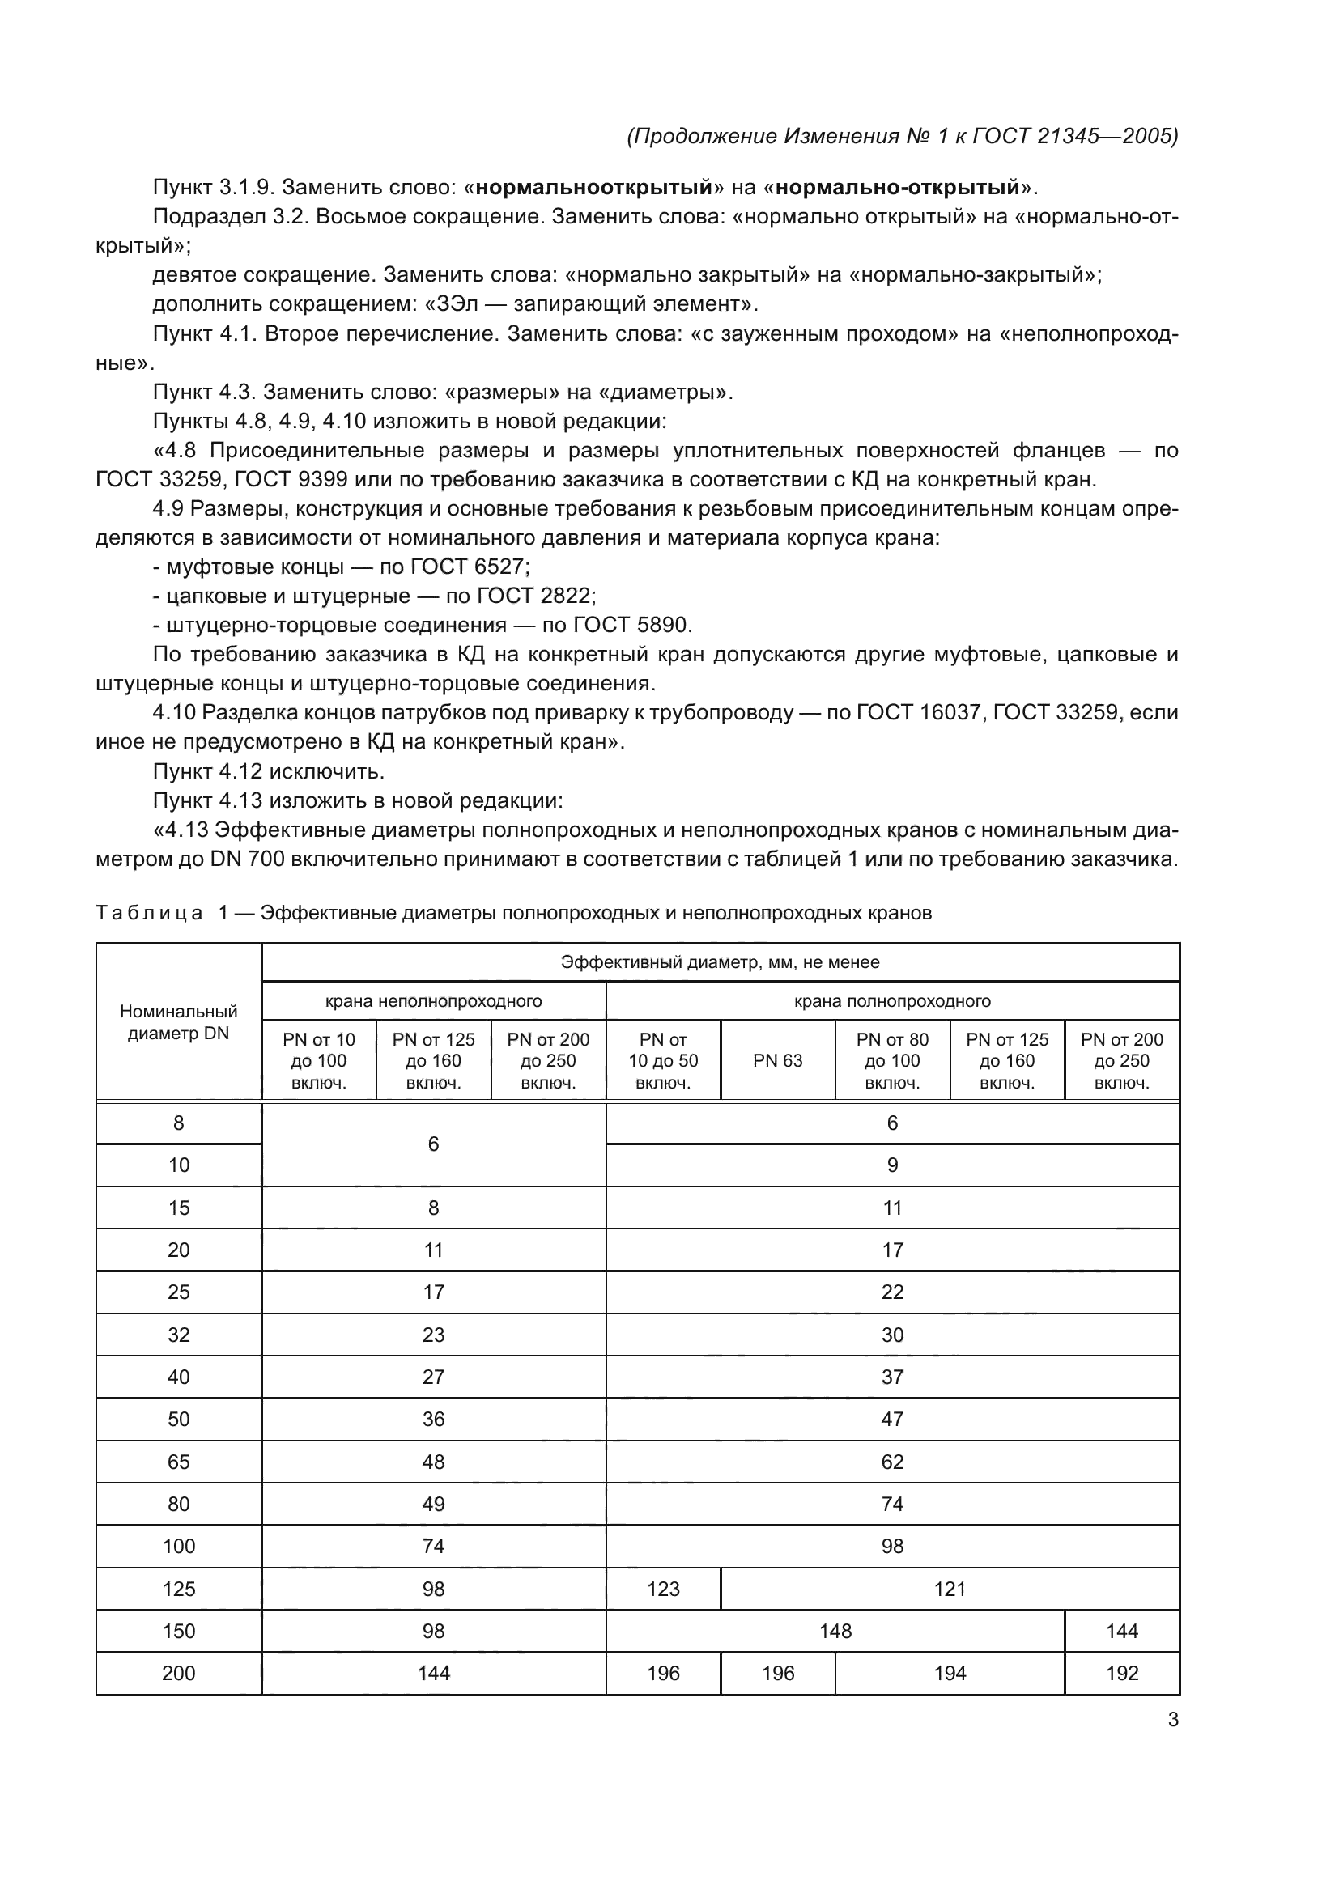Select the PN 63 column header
coord(777,1061)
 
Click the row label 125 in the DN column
coord(178,1589)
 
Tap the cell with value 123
coord(663,1589)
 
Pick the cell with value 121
coord(950,1589)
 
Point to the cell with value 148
coord(835,1631)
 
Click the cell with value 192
coord(1122,1673)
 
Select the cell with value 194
coord(950,1673)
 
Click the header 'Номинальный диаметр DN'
coord(178,1022)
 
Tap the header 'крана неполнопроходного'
coord(434,1001)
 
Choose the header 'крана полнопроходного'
coord(892,1001)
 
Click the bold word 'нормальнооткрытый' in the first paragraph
coord(593,188)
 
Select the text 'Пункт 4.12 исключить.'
coord(269,772)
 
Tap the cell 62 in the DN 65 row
coord(892,1462)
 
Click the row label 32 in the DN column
coord(178,1335)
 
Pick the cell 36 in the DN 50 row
coord(434,1419)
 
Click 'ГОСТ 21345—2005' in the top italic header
coord(1075,136)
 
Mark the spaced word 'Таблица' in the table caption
coord(149,914)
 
